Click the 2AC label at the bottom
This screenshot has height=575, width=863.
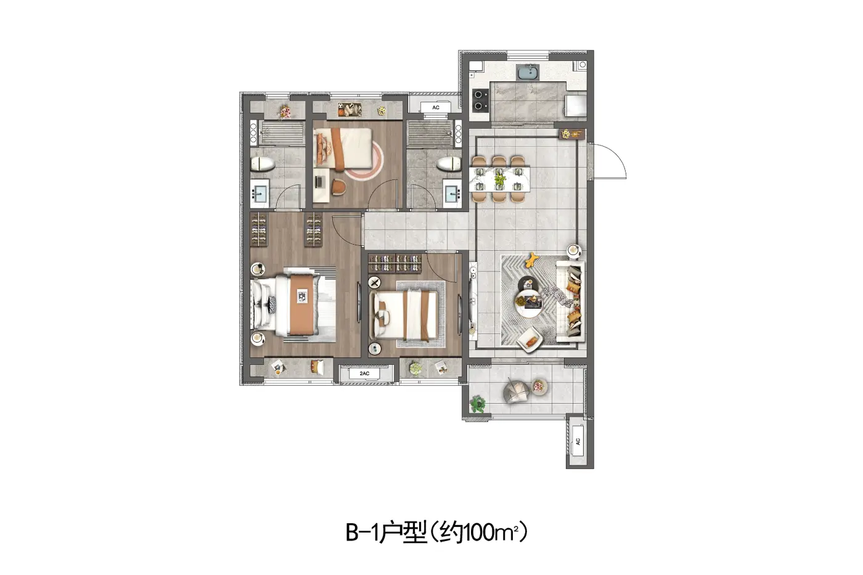pyautogui.click(x=364, y=373)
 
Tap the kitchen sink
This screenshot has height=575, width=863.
pyautogui.click(x=528, y=72)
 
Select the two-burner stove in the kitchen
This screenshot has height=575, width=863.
pyautogui.click(x=480, y=100)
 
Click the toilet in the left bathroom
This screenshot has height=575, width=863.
pyautogui.click(x=263, y=164)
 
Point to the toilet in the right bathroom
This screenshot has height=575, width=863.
pyautogui.click(x=449, y=164)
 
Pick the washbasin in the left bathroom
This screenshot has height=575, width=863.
pyautogui.click(x=260, y=193)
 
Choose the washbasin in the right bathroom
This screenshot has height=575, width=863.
pyautogui.click(x=452, y=194)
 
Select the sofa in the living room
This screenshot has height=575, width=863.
pyautogui.click(x=570, y=301)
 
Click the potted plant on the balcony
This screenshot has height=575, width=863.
pyautogui.click(x=478, y=404)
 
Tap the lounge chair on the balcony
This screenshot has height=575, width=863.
pyautogui.click(x=517, y=391)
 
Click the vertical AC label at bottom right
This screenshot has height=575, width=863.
pyautogui.click(x=578, y=441)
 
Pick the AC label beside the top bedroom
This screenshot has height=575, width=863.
pyautogui.click(x=436, y=107)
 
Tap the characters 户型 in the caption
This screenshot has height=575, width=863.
pyautogui.click(x=403, y=532)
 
